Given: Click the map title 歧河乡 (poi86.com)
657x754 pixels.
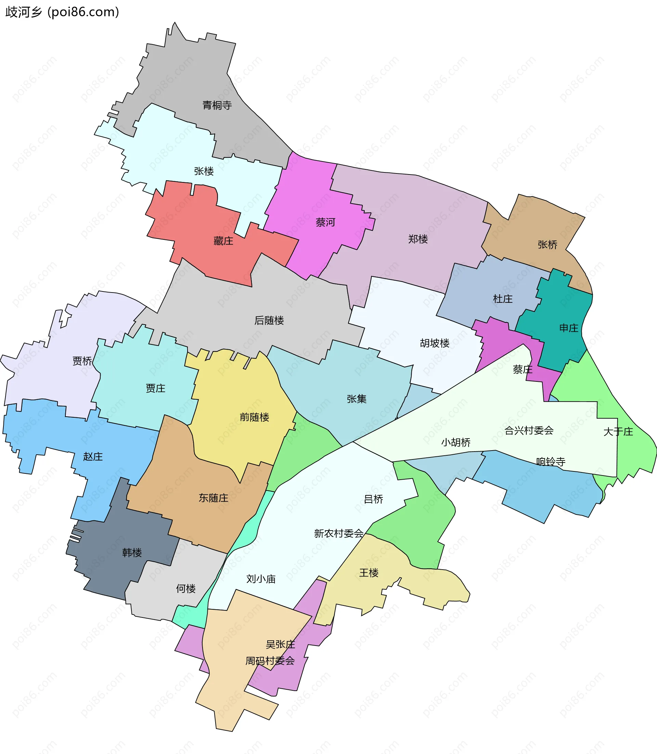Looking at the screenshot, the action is coord(62,12).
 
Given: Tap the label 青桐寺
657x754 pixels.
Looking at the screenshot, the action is coord(217,106).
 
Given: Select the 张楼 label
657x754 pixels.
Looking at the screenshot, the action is coord(204,171).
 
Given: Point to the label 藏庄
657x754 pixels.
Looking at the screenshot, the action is coord(223,241).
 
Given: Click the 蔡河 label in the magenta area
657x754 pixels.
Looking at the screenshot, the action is coord(325,222).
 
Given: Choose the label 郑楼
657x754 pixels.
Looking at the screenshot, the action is coord(418,239).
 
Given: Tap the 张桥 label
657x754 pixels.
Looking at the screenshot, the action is coord(547,245).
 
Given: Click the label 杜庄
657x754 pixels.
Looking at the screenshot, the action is coord(503,299).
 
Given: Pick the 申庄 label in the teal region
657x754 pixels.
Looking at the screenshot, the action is coord(569,328).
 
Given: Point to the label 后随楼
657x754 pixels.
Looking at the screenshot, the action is coord(269,320).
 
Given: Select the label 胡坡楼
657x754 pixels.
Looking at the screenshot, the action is coord(435,343).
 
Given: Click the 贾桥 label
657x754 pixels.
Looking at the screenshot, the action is coord(82,361).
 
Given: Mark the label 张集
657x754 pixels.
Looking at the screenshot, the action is coord(356,399).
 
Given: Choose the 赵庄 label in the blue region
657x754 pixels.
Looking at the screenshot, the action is coord(93,456).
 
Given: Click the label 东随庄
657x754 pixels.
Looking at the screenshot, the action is coord(214,498).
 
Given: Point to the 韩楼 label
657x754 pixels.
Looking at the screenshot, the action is coord(132,552).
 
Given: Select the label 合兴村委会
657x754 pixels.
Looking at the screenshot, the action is coord(529,430).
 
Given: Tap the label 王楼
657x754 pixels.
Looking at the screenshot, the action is coord(369,573).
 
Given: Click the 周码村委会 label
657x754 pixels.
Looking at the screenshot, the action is coord(270,661).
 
